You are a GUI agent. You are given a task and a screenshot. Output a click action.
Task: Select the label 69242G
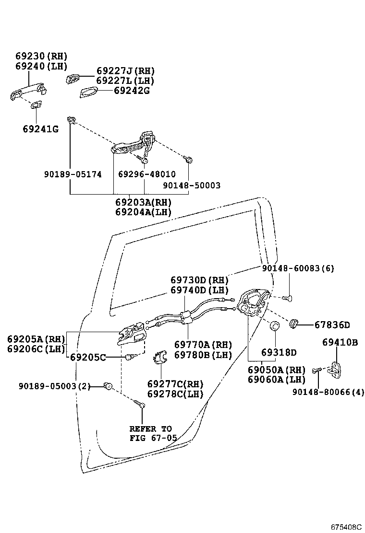pos(132,90)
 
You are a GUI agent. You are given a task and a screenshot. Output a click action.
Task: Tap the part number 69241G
pos(40,128)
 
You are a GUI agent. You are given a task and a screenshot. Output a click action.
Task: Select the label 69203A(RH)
pos(143,203)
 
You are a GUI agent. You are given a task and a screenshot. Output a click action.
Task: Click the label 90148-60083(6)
pos(298,269)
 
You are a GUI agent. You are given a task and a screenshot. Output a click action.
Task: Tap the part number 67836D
pos(332,325)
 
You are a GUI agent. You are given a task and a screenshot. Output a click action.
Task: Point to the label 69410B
pos(340,342)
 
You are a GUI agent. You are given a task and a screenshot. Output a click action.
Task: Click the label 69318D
pos(279,353)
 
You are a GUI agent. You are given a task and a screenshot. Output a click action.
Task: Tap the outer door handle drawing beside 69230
pos(27,91)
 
